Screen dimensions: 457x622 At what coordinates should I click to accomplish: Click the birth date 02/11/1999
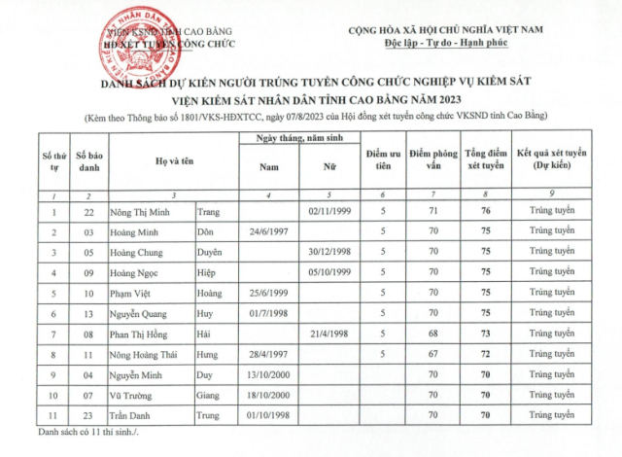[328, 211]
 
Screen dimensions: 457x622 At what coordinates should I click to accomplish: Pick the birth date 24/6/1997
[269, 232]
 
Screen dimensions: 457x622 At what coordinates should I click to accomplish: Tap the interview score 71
[432, 211]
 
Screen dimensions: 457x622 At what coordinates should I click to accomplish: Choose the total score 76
[485, 211]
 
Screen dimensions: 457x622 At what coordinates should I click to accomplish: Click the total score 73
[485, 334]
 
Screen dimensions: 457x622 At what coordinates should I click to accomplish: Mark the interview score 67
[432, 354]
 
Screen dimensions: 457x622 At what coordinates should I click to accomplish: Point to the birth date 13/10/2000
[269, 374]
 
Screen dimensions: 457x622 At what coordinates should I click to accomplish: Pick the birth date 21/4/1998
[328, 334]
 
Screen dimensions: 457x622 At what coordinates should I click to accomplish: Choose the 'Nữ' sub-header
[328, 166]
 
